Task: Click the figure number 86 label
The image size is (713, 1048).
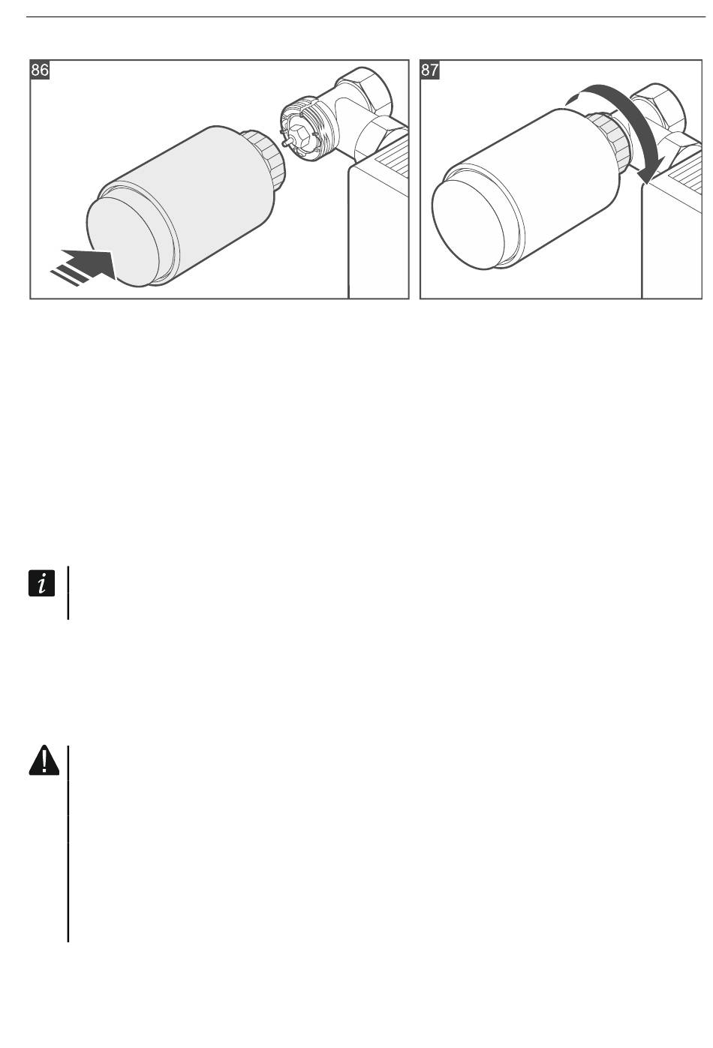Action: (41, 71)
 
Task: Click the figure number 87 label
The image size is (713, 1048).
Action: (430, 71)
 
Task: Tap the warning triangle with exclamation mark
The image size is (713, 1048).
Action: (44, 761)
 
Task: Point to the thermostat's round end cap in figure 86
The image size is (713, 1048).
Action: (124, 241)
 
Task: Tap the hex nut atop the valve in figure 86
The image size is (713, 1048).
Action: (365, 89)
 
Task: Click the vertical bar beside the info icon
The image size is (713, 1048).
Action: (68, 593)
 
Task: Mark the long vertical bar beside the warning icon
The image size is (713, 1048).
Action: (68, 843)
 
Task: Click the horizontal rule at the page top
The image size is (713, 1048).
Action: (356, 16)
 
